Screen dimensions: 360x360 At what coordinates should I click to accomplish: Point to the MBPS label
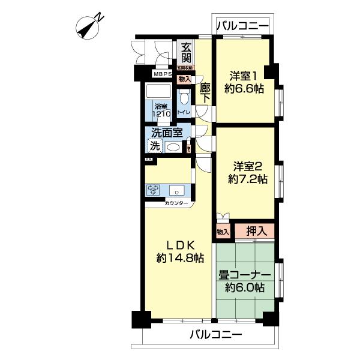(x=162, y=74)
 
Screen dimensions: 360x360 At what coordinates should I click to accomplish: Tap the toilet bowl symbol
(x=185, y=97)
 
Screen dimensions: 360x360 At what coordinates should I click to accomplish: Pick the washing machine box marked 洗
(x=155, y=146)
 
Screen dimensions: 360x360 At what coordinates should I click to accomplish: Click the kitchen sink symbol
(x=178, y=191)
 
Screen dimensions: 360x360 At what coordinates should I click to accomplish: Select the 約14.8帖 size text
(x=179, y=257)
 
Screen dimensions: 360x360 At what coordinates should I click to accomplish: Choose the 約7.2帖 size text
(x=246, y=178)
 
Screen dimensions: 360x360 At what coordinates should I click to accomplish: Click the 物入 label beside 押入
(x=223, y=231)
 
